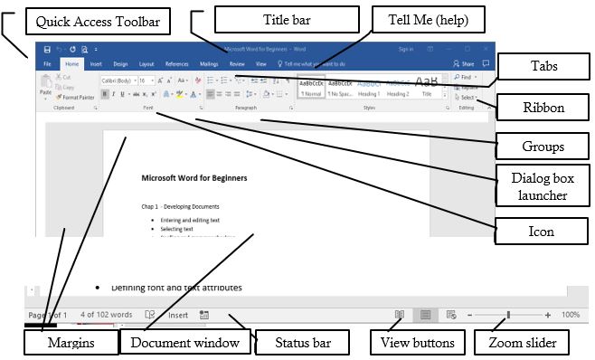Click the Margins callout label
pos(71,344)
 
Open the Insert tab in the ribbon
pos(96,64)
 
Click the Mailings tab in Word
pos(208,64)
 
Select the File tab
pos(47,64)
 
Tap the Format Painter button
pos(78,97)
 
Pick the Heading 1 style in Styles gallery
pos(368,87)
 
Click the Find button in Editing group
pos(467,78)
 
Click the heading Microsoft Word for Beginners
pos(194,178)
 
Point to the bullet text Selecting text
pos(184,229)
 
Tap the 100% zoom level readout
pos(570,315)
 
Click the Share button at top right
pos(464,64)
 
